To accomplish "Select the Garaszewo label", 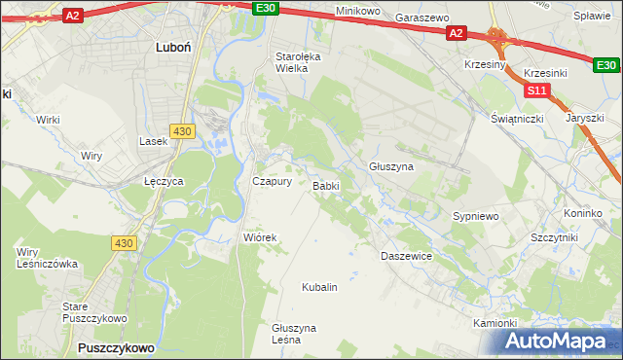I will point(421,18).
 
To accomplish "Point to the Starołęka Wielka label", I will point(296,62).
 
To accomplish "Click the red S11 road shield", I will point(536,90).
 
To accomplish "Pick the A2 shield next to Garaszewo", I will point(457,33).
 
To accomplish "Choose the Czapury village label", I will point(272,181).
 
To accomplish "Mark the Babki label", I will point(325,186).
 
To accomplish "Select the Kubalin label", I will point(319,287).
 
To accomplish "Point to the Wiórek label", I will point(260,237).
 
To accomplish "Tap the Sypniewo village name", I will point(476,215).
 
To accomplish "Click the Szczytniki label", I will point(554,237).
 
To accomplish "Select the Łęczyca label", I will point(164,182).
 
